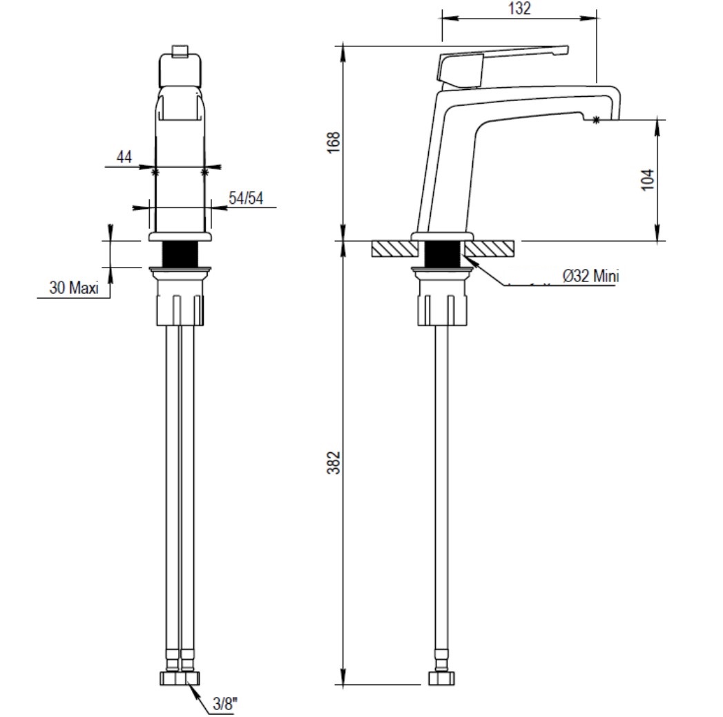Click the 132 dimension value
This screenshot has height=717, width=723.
point(519,8)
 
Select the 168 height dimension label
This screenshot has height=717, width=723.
point(334,142)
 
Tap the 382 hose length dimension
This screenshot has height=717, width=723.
point(334,463)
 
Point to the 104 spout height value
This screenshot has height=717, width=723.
point(648,180)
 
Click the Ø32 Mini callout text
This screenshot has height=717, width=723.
point(590,276)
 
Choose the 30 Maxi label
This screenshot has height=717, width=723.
point(74,288)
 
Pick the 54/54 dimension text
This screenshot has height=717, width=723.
point(246,198)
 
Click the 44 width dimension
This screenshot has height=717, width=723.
point(124,157)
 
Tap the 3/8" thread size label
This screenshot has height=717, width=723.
point(226,704)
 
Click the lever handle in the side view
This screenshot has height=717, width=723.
point(503,64)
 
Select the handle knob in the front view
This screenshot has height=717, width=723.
point(180,70)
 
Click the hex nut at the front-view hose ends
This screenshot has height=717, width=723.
point(180,678)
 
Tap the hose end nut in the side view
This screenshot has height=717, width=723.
point(441,678)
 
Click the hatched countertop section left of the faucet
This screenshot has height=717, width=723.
point(394,249)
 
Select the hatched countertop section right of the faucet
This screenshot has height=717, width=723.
point(489,249)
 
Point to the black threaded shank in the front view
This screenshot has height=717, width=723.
point(180,254)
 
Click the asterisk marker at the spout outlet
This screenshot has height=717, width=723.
point(596,120)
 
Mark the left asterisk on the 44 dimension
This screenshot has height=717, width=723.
point(155,172)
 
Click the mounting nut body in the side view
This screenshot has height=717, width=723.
point(442,298)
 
